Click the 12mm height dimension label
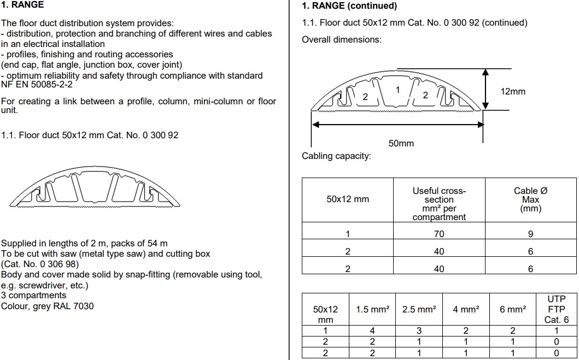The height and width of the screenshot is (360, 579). [x=512, y=91]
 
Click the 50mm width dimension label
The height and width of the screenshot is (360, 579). [x=401, y=143]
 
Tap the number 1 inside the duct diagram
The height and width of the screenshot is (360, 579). [x=397, y=90]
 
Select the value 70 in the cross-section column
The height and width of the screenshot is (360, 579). [x=439, y=234]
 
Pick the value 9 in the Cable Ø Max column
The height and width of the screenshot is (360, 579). [x=531, y=234]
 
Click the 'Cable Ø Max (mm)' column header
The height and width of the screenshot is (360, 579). [x=531, y=199]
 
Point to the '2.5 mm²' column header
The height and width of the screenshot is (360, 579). [x=419, y=309]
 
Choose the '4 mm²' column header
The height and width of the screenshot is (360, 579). [x=466, y=309]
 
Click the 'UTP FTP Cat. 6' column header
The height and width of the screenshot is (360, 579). [x=557, y=309]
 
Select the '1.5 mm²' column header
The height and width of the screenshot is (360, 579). [x=372, y=309]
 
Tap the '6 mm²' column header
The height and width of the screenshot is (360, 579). [x=513, y=309]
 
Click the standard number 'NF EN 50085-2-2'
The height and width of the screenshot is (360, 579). [x=37, y=85]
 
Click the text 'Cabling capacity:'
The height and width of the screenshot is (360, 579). [x=336, y=156]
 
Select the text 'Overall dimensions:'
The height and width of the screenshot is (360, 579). [x=342, y=39]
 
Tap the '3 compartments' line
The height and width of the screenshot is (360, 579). [x=33, y=296]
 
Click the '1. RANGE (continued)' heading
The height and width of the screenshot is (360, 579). [x=349, y=6]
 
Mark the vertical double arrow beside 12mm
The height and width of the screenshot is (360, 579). [x=486, y=89]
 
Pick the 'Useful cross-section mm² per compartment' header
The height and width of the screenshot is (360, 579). [x=439, y=204]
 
